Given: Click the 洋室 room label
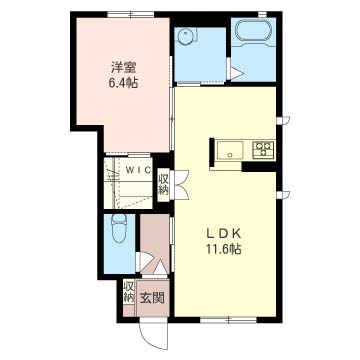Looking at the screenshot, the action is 123,68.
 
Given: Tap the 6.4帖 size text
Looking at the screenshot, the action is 123,82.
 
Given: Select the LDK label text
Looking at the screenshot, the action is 224,234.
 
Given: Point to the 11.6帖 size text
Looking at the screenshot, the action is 224,249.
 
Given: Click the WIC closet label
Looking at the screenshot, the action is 138,169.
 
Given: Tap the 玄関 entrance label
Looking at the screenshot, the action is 152,298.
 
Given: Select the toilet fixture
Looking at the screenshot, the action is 118,228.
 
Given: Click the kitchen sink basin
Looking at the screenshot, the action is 230,150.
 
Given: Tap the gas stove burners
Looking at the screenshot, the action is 263,148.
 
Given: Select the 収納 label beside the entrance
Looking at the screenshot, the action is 129,292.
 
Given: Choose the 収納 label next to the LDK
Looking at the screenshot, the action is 164,186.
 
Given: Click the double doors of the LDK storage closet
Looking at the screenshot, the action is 180,185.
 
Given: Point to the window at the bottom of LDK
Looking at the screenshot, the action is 228,320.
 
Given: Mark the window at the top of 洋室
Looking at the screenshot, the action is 131,14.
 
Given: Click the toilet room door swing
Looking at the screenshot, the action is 144,261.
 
